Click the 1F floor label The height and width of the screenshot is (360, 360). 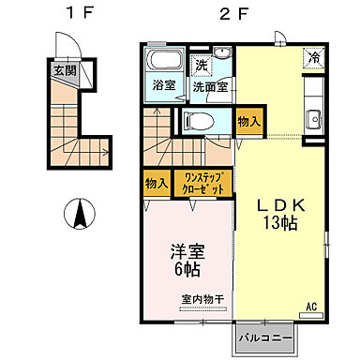point(79,14)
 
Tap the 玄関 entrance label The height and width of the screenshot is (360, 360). point(65,70)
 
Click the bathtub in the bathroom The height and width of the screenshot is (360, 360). point(165,62)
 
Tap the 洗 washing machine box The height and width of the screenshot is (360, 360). point(200,66)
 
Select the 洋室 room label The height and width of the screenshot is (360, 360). point(187,252)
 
